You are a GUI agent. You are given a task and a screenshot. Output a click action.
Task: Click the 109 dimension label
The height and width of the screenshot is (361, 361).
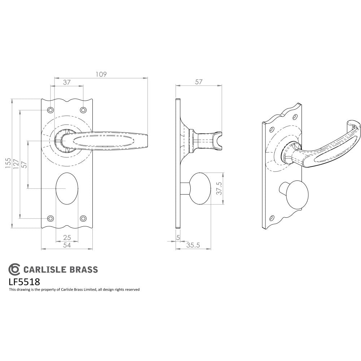101,74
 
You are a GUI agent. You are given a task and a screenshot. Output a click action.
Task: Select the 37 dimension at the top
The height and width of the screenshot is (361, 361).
67,82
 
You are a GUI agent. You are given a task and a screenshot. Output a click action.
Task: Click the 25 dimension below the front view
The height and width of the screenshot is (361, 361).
67,238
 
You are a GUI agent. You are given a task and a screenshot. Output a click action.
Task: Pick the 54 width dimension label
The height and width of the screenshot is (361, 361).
67,245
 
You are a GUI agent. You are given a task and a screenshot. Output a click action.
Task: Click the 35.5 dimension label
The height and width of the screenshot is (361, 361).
193,245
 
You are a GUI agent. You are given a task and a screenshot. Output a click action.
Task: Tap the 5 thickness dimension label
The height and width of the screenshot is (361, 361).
178,238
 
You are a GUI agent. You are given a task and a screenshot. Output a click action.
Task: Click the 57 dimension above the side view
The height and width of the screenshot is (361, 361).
199,82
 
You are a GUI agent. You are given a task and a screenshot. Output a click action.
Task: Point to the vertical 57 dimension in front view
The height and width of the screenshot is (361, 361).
24,164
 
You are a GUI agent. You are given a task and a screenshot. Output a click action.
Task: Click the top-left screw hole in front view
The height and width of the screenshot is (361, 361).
51,110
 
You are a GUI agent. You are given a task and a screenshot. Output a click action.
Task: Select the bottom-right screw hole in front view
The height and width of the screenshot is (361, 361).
83,218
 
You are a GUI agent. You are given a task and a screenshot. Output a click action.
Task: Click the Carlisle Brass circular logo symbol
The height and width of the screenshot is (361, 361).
14,269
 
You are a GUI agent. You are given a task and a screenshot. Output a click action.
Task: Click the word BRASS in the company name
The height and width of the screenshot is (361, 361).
84,269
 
